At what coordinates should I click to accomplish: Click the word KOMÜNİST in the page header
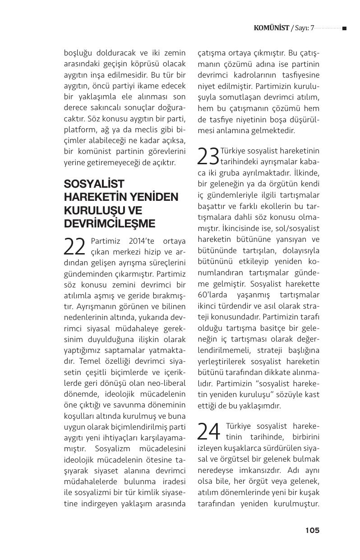point(271,28)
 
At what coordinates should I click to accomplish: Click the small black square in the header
point(344,28)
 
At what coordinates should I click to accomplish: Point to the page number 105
point(312,530)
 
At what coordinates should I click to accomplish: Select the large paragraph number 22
point(75,247)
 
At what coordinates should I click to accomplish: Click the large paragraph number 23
point(208,156)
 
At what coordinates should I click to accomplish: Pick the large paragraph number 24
point(209,431)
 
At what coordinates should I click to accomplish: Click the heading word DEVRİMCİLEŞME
point(110,224)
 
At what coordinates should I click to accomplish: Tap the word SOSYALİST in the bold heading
point(94,184)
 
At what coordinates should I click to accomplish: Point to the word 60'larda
point(214,295)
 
